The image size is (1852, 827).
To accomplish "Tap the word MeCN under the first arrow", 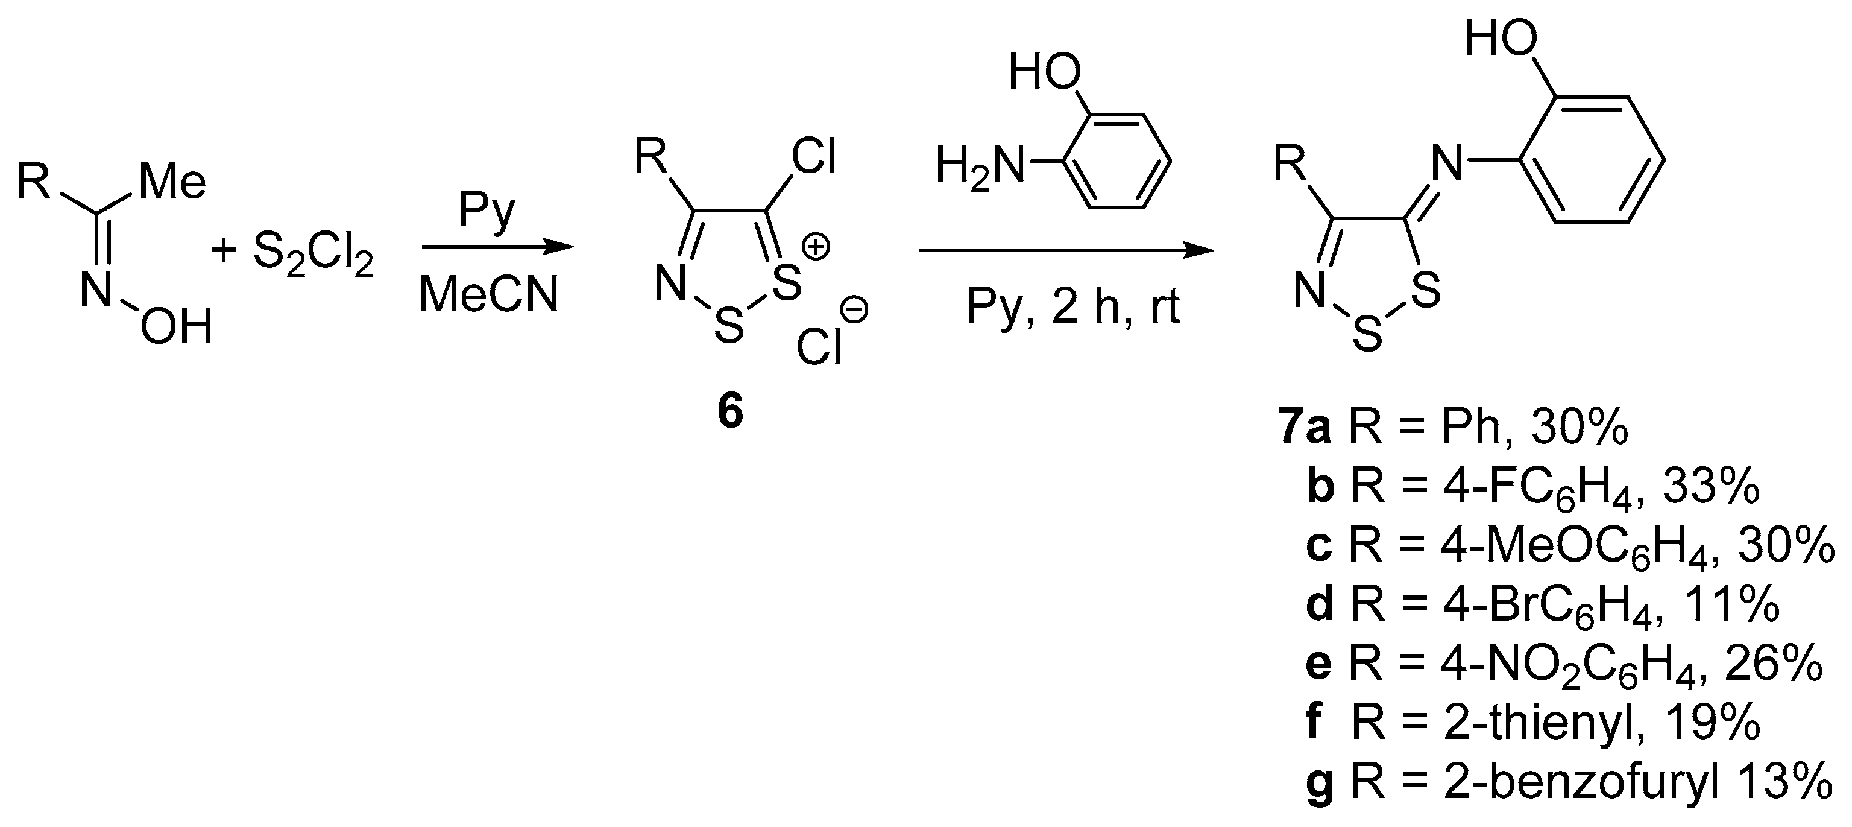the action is pos(489,295).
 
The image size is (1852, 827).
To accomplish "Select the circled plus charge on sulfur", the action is pos(816,247).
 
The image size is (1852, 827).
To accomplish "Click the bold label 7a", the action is pos(1305,429).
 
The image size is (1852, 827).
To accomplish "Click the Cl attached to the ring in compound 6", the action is pos(814,156).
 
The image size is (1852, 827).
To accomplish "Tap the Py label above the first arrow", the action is pos(488,210).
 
